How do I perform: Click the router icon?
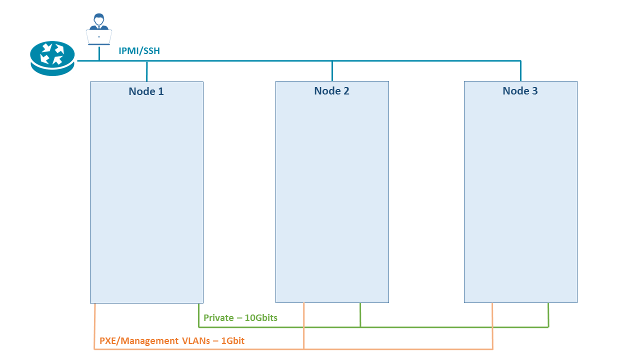click(x=52, y=58)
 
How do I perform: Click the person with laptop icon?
click(x=98, y=29)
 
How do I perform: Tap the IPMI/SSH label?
click(x=139, y=50)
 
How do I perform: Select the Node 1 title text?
click(x=146, y=91)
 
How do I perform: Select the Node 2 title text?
click(x=331, y=91)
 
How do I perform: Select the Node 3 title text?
click(x=520, y=91)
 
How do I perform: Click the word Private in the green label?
click(x=218, y=318)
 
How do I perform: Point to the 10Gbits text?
click(x=261, y=318)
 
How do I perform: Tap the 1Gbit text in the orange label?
click(x=232, y=341)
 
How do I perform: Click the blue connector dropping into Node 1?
click(x=146, y=71)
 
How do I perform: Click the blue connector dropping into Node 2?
click(x=332, y=71)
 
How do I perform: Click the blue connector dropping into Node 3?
click(x=520, y=71)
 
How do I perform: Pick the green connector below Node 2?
click(x=360, y=314)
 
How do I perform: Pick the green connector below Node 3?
click(x=548, y=314)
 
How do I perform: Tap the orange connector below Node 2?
click(x=303, y=325)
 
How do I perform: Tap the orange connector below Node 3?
click(x=492, y=325)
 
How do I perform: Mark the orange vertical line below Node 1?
click(x=94, y=325)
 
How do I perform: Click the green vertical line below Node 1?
click(x=198, y=314)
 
